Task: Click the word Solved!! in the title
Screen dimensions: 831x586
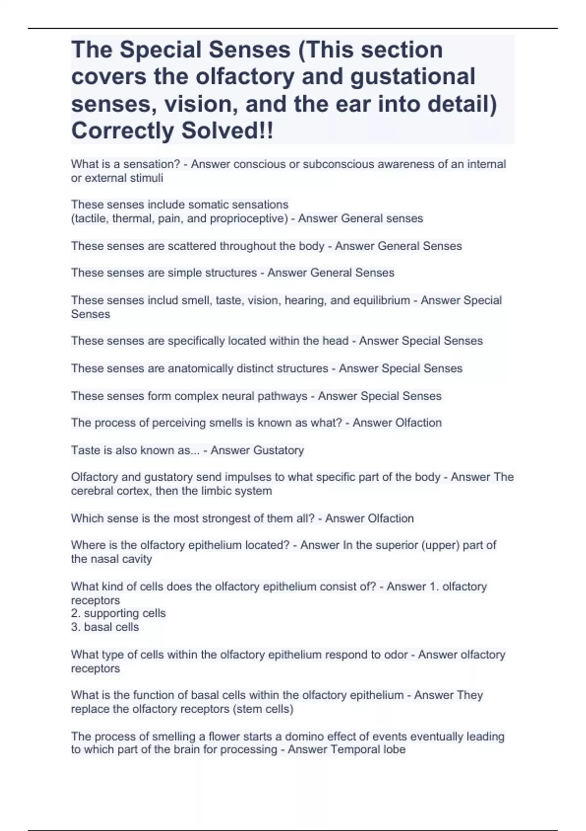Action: point(227,131)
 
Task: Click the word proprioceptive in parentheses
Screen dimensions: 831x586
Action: point(248,219)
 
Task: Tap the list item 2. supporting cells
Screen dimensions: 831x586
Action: point(119,613)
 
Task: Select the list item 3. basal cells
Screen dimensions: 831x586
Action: point(105,627)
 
